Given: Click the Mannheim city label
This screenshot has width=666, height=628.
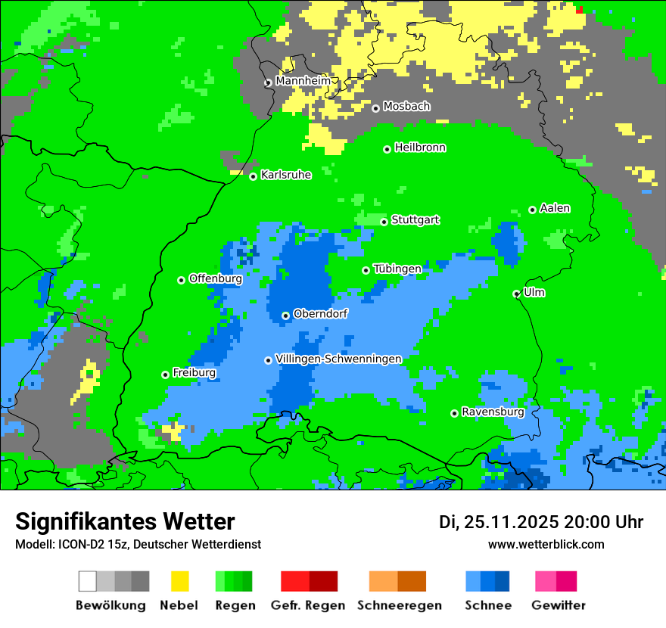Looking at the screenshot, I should click(x=303, y=81).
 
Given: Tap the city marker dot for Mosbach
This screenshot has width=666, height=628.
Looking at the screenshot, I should click(x=375, y=108).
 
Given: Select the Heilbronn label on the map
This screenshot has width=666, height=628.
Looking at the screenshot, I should click(x=420, y=148).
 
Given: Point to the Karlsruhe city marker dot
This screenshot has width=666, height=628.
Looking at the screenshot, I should click(x=253, y=176).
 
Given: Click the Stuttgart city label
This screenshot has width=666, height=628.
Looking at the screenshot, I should click(x=415, y=220).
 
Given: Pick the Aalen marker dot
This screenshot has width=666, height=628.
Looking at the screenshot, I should click(x=532, y=210).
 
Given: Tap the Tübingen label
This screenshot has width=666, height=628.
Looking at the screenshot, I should click(x=397, y=269).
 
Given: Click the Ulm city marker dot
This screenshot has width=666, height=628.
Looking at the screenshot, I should click(x=516, y=294).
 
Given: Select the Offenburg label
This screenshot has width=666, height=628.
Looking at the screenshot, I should click(x=215, y=278).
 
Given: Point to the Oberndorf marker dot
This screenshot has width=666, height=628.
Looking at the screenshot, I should click(x=285, y=316).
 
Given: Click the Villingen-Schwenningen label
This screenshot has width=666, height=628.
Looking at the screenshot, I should click(x=338, y=359).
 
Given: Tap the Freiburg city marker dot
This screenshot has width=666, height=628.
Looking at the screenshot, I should click(x=165, y=375).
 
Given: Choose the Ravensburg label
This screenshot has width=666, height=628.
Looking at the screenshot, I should click(x=493, y=412).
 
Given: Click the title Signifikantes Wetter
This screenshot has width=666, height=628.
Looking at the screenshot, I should click(x=125, y=521).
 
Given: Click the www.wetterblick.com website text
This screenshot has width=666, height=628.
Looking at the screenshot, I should click(x=546, y=544).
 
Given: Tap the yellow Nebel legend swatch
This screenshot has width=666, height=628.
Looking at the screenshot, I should click(x=179, y=581).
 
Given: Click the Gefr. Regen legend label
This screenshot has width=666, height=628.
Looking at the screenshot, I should click(x=308, y=605).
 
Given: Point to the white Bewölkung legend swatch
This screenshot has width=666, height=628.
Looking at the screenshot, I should click(x=87, y=581).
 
